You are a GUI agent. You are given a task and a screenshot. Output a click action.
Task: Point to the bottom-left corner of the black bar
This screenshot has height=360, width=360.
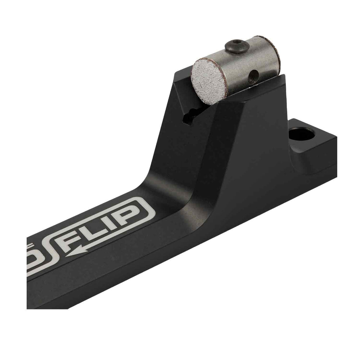[28, 308]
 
